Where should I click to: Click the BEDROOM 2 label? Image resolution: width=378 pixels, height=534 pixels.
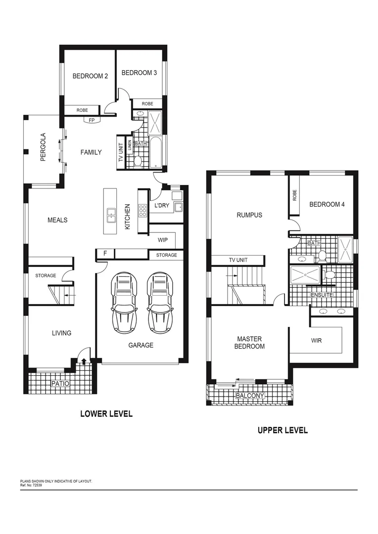tap(90, 76)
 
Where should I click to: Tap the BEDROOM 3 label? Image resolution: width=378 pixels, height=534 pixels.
tap(139, 73)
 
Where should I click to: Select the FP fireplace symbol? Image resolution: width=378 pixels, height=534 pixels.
tap(92, 120)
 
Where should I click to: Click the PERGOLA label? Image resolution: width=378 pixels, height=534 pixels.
tap(43, 147)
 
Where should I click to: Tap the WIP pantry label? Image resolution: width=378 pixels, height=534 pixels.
tap(163, 240)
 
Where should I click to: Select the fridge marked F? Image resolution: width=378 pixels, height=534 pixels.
tap(104, 254)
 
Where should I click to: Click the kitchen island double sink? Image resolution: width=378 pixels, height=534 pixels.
tap(111, 214)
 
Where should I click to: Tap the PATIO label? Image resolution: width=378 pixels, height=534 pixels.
tap(60, 384)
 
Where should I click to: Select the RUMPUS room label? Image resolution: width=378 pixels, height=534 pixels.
tap(249, 215)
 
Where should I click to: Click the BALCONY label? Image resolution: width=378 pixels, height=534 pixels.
tap(250, 396)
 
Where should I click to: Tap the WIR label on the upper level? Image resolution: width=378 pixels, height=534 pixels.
tap(316, 341)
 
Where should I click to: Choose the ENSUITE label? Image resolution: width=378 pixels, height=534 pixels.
tap(321, 295)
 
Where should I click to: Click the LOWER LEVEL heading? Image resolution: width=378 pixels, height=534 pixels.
tap(106, 414)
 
